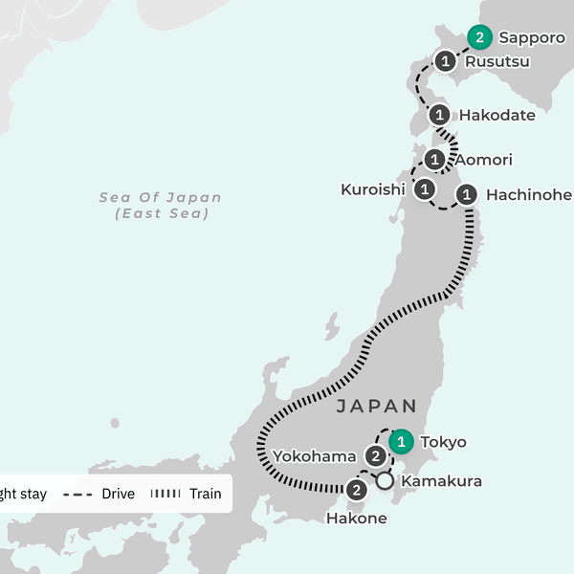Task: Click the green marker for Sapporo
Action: click(480, 38)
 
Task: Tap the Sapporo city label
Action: click(532, 39)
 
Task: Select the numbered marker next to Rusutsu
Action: click(446, 62)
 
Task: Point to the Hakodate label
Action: click(497, 116)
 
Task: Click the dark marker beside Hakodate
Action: click(440, 116)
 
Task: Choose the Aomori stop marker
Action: click(435, 160)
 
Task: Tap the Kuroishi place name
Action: click(373, 189)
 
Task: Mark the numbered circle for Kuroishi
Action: click(425, 188)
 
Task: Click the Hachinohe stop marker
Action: click(466, 195)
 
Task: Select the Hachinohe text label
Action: click(529, 195)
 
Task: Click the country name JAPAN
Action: click(376, 407)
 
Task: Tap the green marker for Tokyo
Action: click(403, 442)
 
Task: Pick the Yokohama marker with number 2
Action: click(376, 456)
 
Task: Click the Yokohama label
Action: click(314, 456)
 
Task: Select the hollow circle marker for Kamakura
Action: click(385, 481)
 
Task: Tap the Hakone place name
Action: click(357, 519)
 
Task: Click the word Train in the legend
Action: click(205, 495)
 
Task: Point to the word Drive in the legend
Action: click(118, 495)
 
